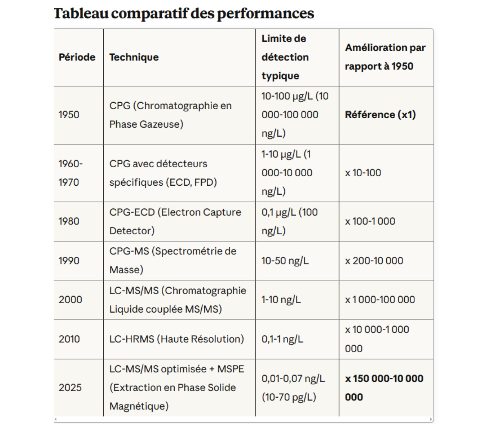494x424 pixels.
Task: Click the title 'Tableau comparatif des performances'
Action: pyautogui.click(x=184, y=13)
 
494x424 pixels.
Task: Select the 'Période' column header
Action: pyautogui.click(x=77, y=57)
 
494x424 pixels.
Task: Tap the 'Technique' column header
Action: pyautogui.click(x=134, y=57)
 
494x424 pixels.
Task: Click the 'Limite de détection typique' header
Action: pyautogui.click(x=285, y=57)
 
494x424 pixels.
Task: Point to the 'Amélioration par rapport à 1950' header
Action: pyautogui.click(x=385, y=57)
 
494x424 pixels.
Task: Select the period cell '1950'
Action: pyautogui.click(x=69, y=115)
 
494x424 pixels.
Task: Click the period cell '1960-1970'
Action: pyautogui.click(x=71, y=173)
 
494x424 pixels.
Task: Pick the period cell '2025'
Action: pyautogui.click(x=70, y=388)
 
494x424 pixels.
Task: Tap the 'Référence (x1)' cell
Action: pyautogui.click(x=380, y=115)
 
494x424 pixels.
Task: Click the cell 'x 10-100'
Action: pyautogui.click(x=363, y=173)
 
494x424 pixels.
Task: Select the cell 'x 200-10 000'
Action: pyautogui.click(x=374, y=261)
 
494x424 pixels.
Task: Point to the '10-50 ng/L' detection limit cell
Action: pyautogui.click(x=285, y=261)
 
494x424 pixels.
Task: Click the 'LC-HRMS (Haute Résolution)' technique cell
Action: pyautogui.click(x=177, y=339)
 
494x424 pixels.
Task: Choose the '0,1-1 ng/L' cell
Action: pyautogui.click(x=282, y=339)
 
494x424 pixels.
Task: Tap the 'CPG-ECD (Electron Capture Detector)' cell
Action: pyautogui.click(x=175, y=221)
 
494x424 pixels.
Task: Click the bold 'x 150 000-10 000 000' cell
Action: pyautogui.click(x=384, y=388)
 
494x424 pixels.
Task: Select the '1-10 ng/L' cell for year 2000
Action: pyautogui.click(x=281, y=300)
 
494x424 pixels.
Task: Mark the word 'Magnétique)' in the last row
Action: pyautogui.click(x=139, y=406)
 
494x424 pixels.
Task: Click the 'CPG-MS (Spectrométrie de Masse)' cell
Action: pyautogui.click(x=173, y=260)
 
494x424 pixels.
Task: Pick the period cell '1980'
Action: pyautogui.click(x=69, y=221)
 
